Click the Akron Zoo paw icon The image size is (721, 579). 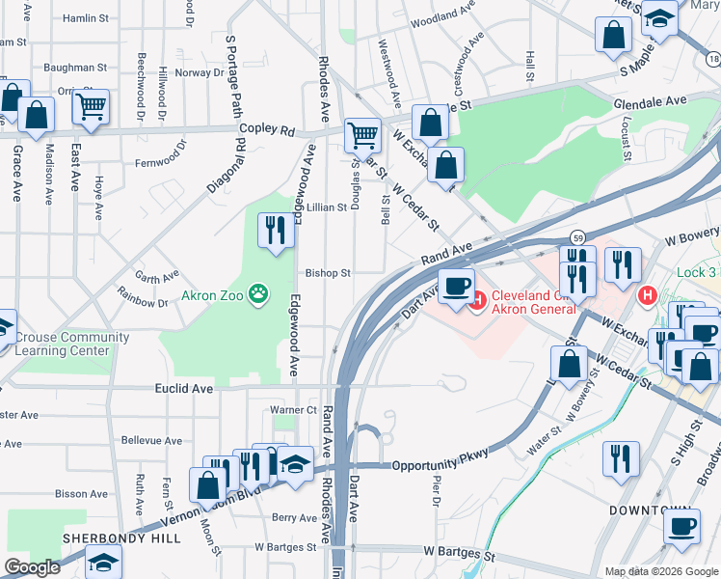[258, 291]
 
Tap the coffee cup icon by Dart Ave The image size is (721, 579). [456, 284]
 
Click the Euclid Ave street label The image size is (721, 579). [183, 388]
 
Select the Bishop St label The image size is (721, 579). [328, 273]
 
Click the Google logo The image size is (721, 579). [32, 567]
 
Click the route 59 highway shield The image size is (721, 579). [577, 236]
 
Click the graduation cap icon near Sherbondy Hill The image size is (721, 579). [104, 561]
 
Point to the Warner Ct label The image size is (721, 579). [293, 409]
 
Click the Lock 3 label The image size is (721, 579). [697, 273]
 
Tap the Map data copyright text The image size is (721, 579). [659, 571]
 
